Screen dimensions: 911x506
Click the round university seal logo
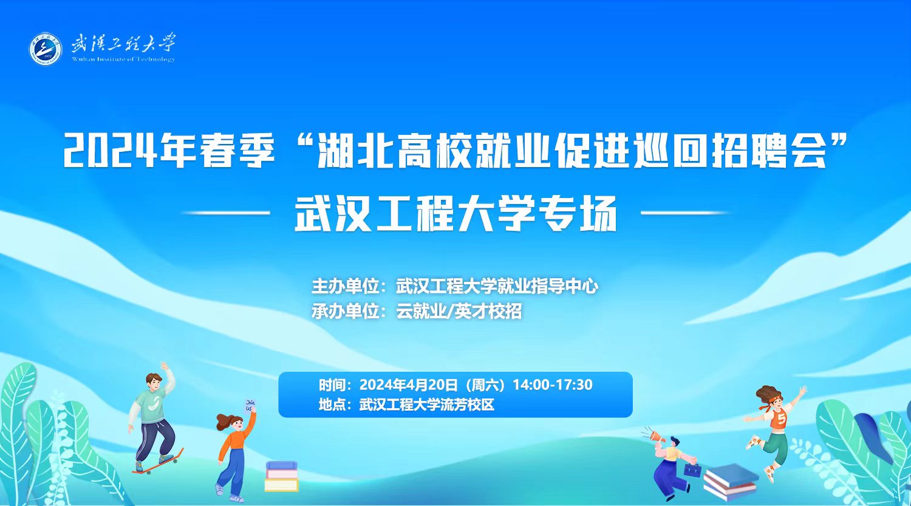[x=46, y=49]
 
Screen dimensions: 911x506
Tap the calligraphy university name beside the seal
[x=123, y=43]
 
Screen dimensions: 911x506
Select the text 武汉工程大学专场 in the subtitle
[x=456, y=214]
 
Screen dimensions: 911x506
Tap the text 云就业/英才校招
[x=459, y=312]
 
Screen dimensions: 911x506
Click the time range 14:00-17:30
[x=552, y=385]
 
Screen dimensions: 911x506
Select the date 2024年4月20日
[x=409, y=385]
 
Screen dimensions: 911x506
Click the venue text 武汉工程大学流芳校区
[x=426, y=405]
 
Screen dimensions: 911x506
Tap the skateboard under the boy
[x=158, y=462]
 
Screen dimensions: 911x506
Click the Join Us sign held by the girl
[x=250, y=406]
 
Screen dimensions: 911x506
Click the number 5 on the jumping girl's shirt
[x=781, y=419]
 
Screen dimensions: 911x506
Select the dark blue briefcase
[x=692, y=470]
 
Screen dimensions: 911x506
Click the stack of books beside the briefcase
[x=731, y=482]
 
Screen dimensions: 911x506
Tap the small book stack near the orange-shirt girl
[x=281, y=477]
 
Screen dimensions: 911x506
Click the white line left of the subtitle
[x=226, y=213]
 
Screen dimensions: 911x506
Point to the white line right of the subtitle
[x=685, y=213]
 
